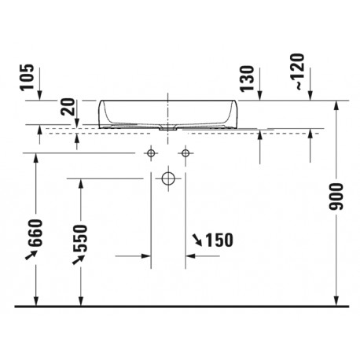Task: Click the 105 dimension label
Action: click(28, 77)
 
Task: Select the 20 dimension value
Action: click(68, 107)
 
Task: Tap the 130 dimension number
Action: click(248, 79)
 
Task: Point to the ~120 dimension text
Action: click(297, 72)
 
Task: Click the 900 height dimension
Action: click(336, 197)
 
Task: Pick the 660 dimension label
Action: click(35, 233)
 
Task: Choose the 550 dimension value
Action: click(80, 238)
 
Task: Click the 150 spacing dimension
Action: click(219, 240)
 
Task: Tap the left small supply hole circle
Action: click(151, 152)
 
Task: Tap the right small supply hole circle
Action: click(186, 152)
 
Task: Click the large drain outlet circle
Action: click(168, 178)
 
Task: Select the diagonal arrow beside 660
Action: click(31, 255)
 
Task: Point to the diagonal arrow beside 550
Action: click(78, 259)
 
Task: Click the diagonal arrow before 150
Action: click(197, 241)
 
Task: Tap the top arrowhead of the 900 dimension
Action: click(336, 105)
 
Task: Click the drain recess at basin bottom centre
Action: click(168, 129)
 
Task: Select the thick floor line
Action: click(182, 306)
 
